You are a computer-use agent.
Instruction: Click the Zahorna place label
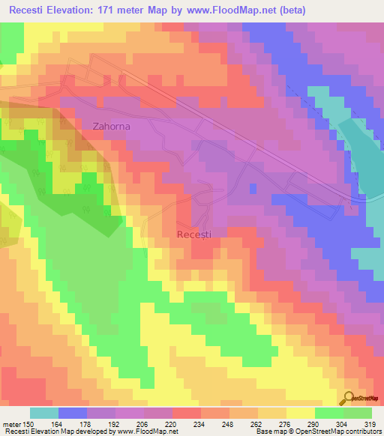click(111, 127)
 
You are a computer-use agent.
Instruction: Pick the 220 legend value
click(172, 424)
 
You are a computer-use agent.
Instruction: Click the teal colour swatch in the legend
click(44, 413)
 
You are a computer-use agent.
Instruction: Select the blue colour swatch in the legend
click(73, 413)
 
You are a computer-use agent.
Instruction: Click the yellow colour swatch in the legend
click(301, 413)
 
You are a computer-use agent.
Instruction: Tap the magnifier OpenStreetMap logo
click(350, 398)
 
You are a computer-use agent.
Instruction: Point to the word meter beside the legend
click(11, 424)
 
